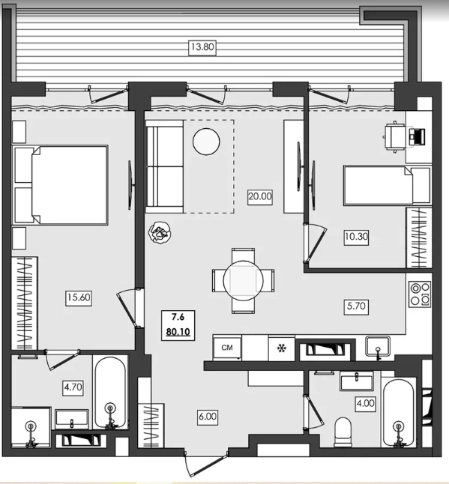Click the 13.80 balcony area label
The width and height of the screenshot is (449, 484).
click(202, 47)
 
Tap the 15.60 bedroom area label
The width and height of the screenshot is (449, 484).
click(79, 297)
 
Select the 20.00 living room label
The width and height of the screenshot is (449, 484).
click(260, 196)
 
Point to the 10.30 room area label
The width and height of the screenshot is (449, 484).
click(356, 237)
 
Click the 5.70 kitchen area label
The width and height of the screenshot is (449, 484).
click(356, 306)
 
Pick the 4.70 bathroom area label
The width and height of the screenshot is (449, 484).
click(73, 387)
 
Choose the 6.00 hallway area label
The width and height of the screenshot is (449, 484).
click(208, 417)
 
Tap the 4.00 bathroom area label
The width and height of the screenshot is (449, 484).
click(366, 403)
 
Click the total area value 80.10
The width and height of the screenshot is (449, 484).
click(178, 332)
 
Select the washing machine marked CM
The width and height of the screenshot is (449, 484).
click(227, 348)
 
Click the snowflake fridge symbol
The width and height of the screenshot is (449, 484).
click(281, 348)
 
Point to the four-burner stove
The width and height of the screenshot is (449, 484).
click(420, 294)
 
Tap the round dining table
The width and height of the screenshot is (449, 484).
click(244, 281)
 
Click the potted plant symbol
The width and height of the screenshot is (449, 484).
click(160, 233)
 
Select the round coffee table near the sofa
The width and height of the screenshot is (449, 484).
click(206, 142)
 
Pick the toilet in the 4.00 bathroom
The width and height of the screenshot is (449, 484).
click(343, 432)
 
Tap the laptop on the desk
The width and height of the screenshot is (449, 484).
click(417, 137)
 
